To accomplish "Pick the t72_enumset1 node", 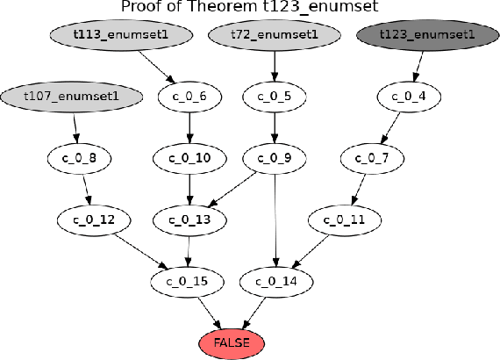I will tap(275, 34).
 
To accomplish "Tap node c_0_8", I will tap(80, 158).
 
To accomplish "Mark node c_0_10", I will tap(188, 158).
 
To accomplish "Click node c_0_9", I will tap(275, 158).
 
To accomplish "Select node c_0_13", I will tap(188, 219).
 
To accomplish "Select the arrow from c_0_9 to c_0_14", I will tap(275, 220).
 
